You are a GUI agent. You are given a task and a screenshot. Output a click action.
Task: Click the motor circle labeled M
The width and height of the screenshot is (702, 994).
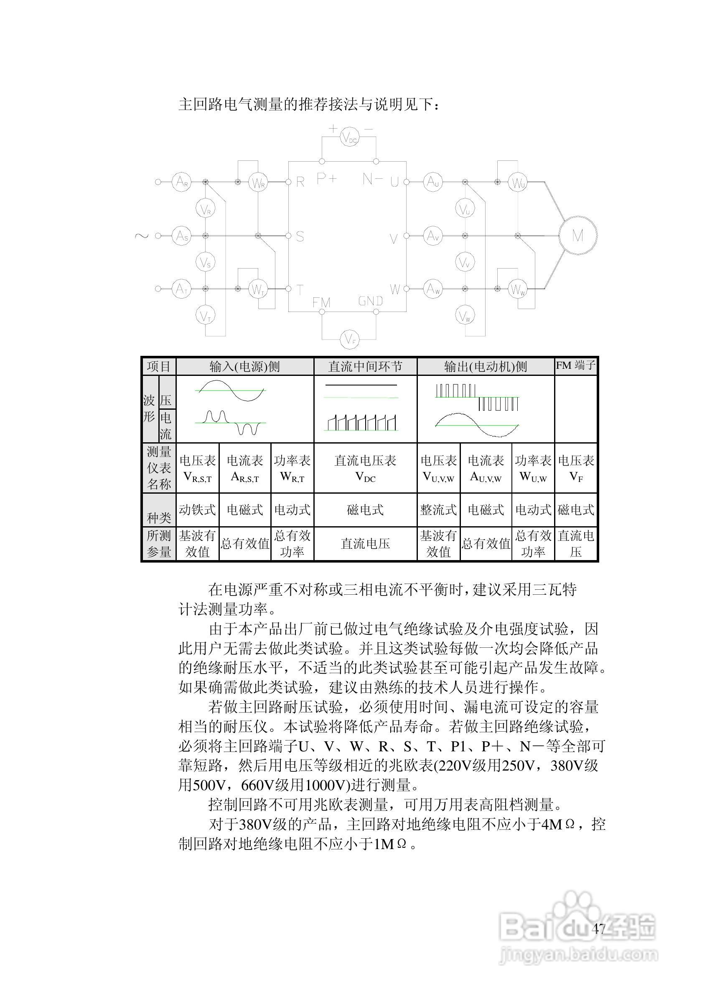pyautogui.click(x=578, y=236)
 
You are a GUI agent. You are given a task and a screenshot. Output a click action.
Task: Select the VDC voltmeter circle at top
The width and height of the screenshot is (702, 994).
pyautogui.click(x=349, y=138)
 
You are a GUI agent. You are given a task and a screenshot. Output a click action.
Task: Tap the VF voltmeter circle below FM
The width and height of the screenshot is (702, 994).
pyautogui.click(x=349, y=339)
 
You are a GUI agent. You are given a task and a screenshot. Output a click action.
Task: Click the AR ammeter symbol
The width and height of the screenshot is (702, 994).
pyautogui.click(x=181, y=182)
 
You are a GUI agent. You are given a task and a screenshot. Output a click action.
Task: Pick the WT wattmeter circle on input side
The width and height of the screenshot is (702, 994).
pyautogui.click(x=258, y=289)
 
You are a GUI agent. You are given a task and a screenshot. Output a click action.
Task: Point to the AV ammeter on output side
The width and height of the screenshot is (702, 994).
pyautogui.click(x=432, y=236)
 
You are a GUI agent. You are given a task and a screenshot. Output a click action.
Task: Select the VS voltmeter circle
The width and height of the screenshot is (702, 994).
pyautogui.click(x=206, y=262)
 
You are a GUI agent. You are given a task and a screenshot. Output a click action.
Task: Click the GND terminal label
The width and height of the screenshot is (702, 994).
pyautogui.click(x=370, y=301)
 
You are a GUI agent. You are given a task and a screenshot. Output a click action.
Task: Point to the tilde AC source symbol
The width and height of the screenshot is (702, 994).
pyautogui.click(x=141, y=236)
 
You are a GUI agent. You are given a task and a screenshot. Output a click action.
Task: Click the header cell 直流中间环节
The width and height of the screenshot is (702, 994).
pyautogui.click(x=365, y=367)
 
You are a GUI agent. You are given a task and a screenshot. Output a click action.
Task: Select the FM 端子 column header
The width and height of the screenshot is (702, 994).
pyautogui.click(x=575, y=366)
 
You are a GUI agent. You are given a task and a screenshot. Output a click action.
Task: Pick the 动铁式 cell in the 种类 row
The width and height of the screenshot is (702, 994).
pyautogui.click(x=198, y=510)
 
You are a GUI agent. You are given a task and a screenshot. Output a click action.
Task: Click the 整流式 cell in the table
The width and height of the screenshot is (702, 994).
pyautogui.click(x=438, y=510)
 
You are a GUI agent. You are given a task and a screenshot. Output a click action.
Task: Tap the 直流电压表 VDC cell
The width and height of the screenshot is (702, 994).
pyautogui.click(x=365, y=468)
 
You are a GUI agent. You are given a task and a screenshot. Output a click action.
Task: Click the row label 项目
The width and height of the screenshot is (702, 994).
pyautogui.click(x=159, y=367)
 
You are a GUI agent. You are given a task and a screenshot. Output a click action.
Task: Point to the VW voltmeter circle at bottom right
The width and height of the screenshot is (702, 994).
pyautogui.click(x=465, y=317)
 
